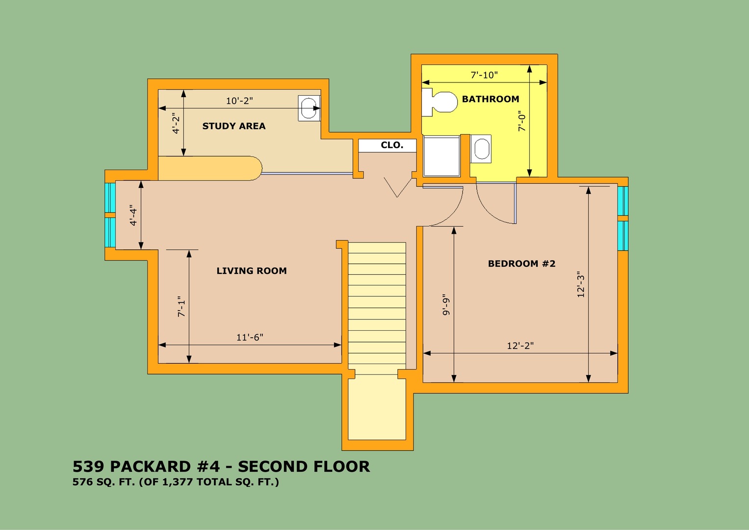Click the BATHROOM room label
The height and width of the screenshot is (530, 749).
[x=491, y=99]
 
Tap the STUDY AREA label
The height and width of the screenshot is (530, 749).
[x=234, y=126]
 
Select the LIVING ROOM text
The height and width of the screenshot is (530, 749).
[x=252, y=271]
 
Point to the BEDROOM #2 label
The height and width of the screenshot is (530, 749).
[x=521, y=264]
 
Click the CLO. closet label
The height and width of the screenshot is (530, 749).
[x=392, y=145]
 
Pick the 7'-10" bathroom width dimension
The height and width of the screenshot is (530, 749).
[x=484, y=75]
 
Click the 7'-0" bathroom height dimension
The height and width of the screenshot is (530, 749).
[x=522, y=121]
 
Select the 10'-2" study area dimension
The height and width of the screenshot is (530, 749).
[x=239, y=101]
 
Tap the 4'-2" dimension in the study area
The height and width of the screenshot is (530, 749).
[x=176, y=123]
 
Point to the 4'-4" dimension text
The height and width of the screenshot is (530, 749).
[x=133, y=215]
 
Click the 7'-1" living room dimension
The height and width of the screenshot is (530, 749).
[x=181, y=307]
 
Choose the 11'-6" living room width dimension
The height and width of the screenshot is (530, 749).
[x=250, y=337]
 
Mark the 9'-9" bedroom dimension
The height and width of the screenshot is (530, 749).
[x=446, y=305]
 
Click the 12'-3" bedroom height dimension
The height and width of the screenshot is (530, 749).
[x=581, y=285]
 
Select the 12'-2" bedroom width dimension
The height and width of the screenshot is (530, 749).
[x=520, y=345]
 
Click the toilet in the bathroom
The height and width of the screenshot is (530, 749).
[x=439, y=102]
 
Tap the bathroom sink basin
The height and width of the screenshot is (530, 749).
[x=481, y=149]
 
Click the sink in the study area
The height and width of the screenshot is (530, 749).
[x=309, y=108]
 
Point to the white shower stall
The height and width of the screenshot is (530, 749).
[x=442, y=156]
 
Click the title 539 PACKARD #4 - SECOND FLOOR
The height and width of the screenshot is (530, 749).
[x=221, y=466]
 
